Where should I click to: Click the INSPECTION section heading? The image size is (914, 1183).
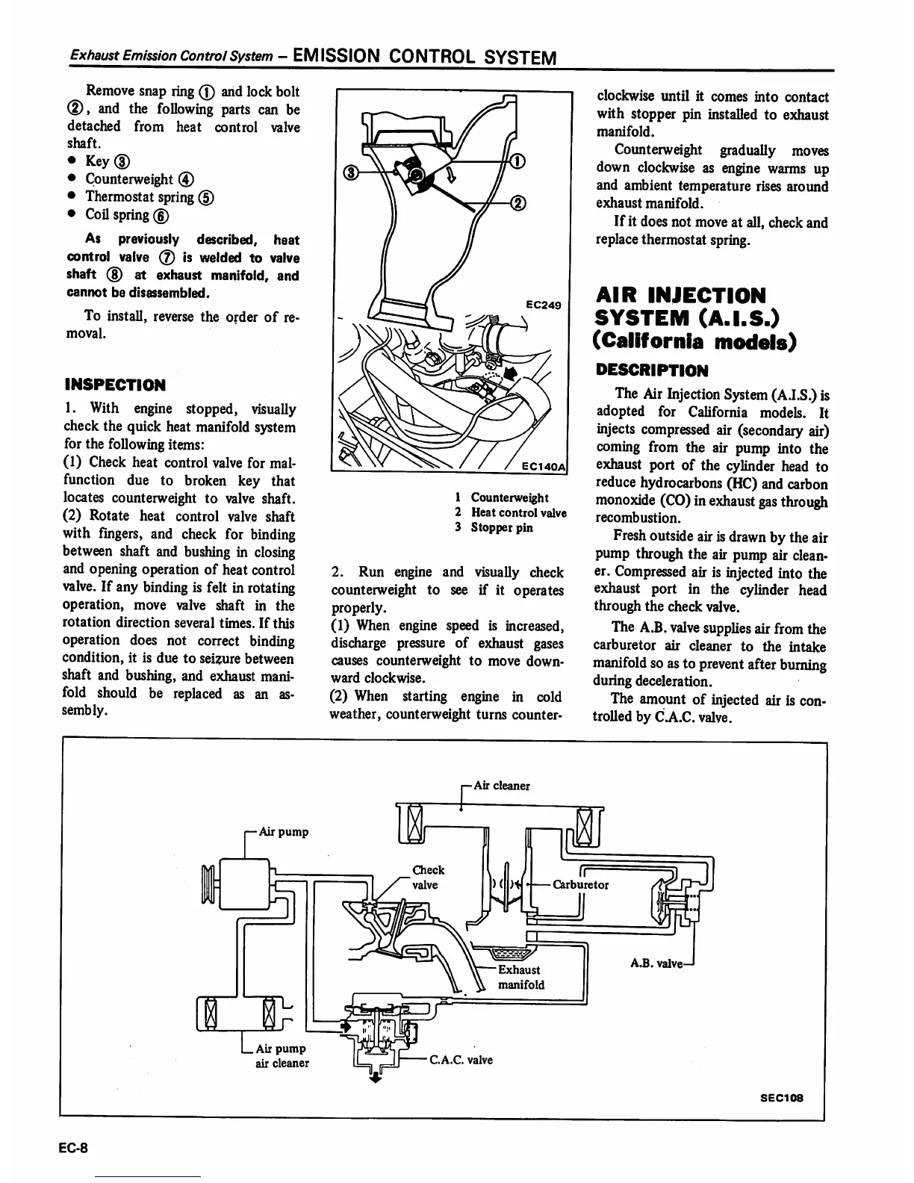tap(115, 385)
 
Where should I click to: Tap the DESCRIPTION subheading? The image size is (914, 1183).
tap(651, 370)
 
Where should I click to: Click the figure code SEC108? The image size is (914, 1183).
tap(781, 1098)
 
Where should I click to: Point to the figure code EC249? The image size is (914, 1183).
tap(543, 305)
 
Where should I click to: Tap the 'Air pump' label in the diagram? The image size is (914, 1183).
tap(282, 832)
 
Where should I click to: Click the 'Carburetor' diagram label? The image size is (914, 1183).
tap(580, 885)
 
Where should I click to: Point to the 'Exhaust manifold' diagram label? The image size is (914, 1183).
tap(520, 978)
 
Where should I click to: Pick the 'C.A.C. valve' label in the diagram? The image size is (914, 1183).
tap(461, 1060)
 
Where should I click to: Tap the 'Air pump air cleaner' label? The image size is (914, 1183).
tap(282, 1056)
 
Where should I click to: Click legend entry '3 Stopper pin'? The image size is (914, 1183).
tap(494, 527)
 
